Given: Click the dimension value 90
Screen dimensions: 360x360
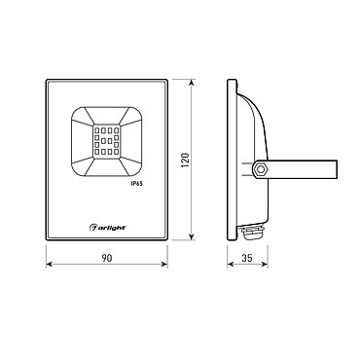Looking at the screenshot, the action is [107, 258].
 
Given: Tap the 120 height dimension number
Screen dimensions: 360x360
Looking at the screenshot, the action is [185, 160].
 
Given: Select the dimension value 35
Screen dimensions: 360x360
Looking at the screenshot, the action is [247, 258].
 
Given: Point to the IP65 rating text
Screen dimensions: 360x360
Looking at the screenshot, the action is [137, 184].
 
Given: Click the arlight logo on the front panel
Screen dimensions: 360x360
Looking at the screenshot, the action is [107, 228].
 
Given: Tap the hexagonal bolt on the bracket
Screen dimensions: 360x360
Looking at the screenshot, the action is [260, 169].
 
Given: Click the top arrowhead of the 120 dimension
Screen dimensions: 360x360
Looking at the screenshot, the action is [192, 83].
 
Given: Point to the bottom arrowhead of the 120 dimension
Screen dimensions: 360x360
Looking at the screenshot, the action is [192, 236].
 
